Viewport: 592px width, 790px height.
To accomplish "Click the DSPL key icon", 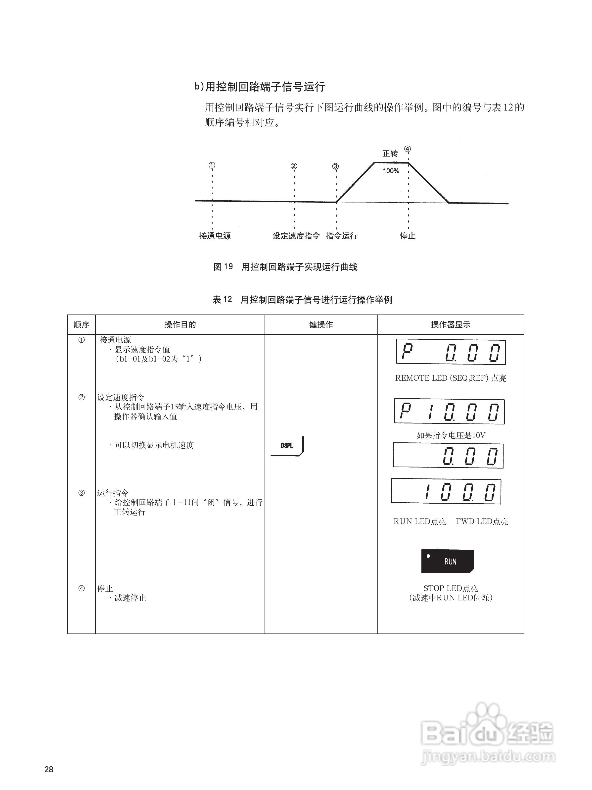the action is [x=287, y=446].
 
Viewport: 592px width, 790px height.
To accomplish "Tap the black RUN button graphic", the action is [x=448, y=561].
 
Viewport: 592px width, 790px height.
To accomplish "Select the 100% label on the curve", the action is [x=391, y=171].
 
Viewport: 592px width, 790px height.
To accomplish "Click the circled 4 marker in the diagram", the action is [x=407, y=149].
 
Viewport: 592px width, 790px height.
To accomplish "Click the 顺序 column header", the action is [x=81, y=325].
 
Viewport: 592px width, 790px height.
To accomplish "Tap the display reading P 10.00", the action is [x=449, y=412].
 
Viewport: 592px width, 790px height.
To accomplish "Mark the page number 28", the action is [x=49, y=770].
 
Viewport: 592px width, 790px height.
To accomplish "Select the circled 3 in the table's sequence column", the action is [x=81, y=493].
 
